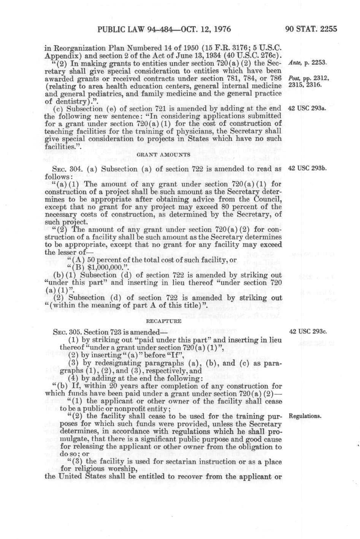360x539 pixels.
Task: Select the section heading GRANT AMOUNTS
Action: [x=163, y=155]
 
